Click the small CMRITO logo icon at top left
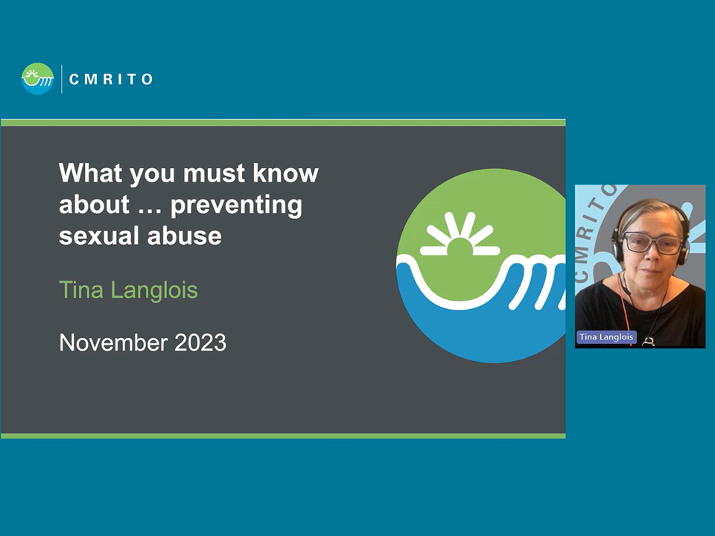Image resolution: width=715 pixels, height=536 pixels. point(37,79)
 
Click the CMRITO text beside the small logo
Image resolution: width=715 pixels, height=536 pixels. point(111,80)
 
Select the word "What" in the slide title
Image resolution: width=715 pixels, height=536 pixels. point(91,173)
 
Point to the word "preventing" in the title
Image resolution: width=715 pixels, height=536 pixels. point(236,205)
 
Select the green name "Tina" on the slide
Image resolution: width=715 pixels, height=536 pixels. point(81,290)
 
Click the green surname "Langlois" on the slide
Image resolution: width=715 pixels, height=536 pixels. point(154,290)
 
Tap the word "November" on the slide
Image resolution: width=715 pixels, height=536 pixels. point(113,342)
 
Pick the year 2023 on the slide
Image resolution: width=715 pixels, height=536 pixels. point(200,342)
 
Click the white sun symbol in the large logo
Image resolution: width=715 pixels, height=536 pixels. point(460,235)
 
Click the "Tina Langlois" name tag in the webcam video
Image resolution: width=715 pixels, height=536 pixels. point(606,336)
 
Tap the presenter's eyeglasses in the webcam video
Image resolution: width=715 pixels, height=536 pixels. point(652,242)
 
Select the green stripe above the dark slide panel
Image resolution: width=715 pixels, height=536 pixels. point(283,123)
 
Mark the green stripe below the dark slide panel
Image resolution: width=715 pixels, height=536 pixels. point(283,436)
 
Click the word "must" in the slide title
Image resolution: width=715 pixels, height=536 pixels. point(214,173)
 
